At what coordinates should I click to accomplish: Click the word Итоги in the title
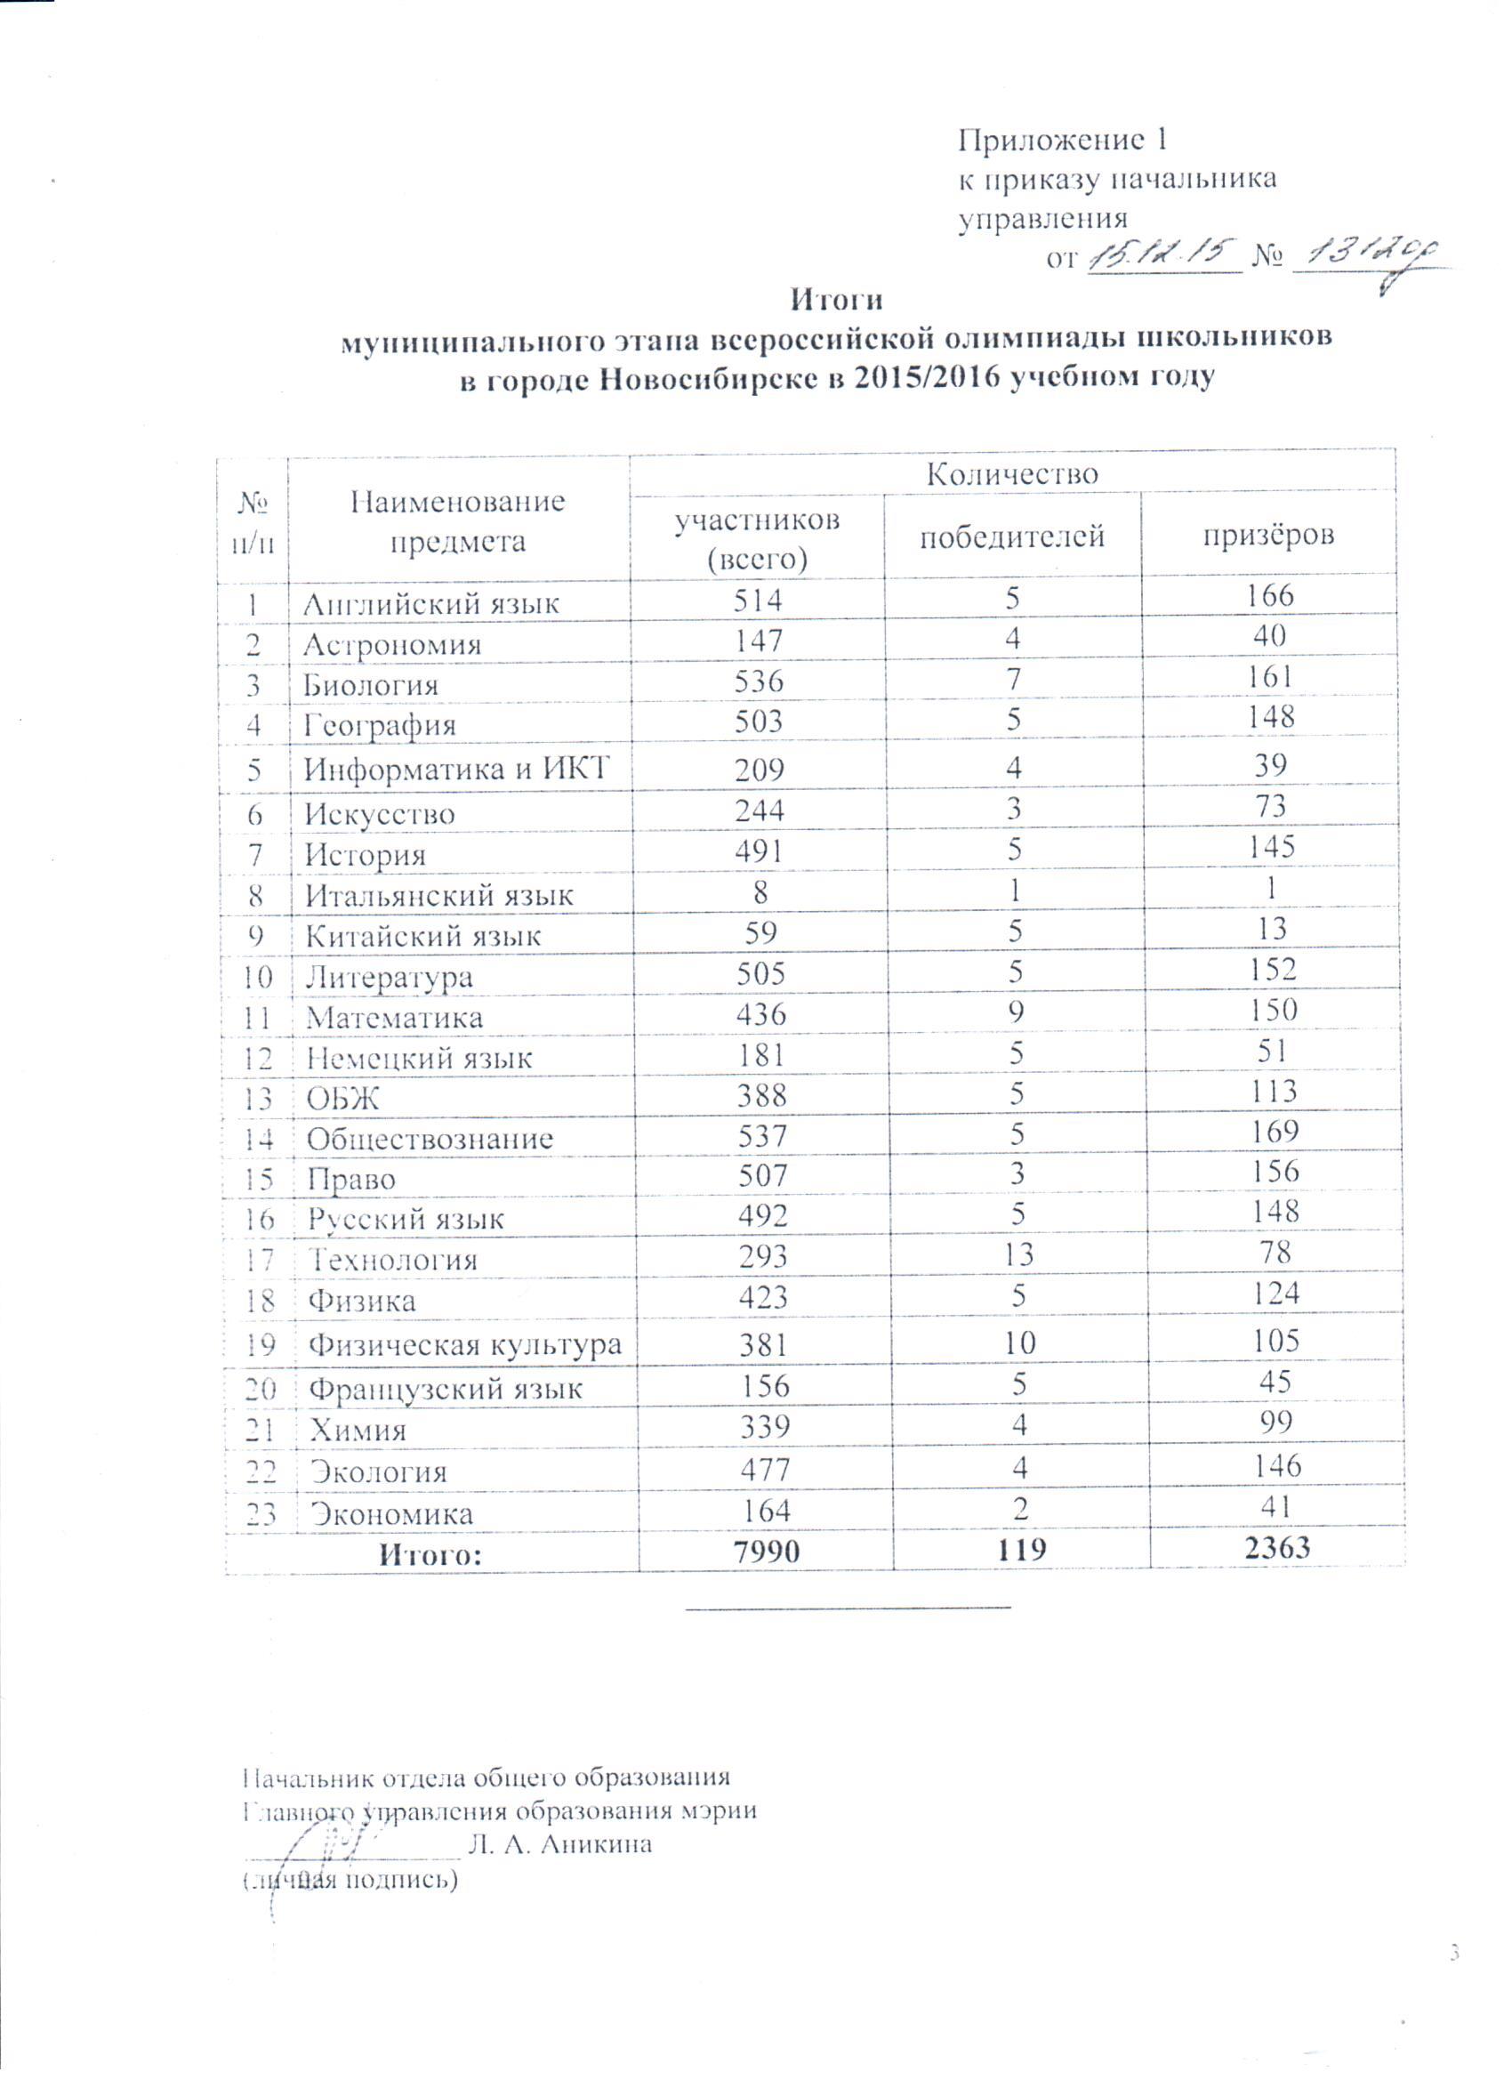click(836, 301)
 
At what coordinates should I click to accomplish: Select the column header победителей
click(1012, 536)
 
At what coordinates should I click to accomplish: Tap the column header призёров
click(1268, 536)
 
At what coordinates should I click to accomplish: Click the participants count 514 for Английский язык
click(759, 600)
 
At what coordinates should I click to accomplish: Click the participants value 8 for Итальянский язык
click(760, 891)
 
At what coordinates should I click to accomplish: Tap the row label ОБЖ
click(343, 1099)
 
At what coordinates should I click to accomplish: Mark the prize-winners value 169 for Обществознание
click(1275, 1131)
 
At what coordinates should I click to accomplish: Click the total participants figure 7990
click(764, 1551)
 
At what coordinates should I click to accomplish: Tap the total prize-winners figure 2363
click(1277, 1548)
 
